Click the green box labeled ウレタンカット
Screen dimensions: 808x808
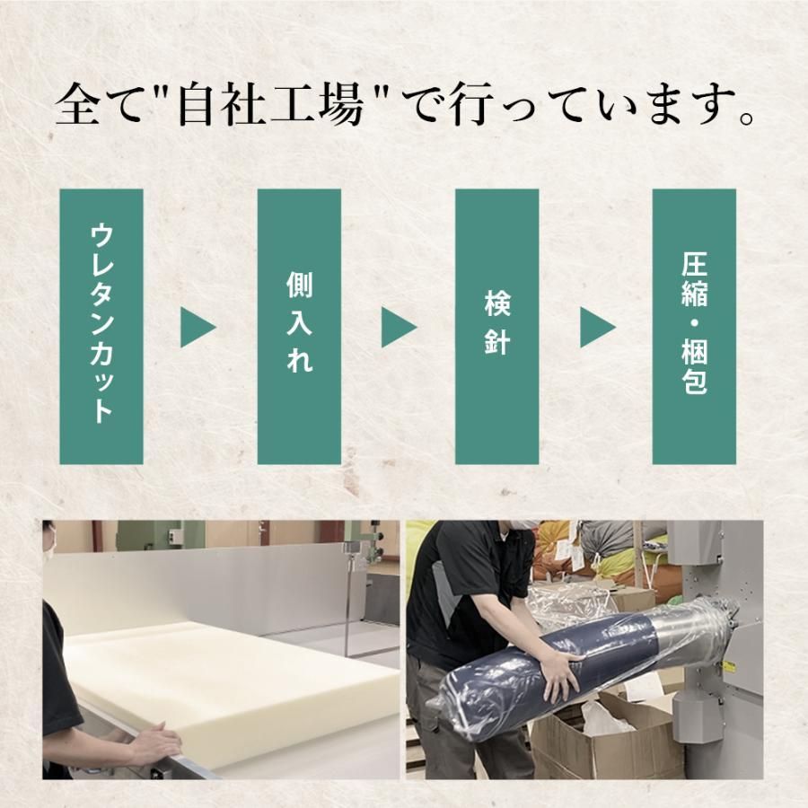[x=101, y=326]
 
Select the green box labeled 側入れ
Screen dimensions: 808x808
[x=299, y=326]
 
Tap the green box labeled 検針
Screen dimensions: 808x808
[x=496, y=326]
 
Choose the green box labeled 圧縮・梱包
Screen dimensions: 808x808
[x=694, y=326]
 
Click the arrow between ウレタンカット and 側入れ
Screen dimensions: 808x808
[x=197, y=327]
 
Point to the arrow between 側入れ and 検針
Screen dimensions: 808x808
[x=398, y=327]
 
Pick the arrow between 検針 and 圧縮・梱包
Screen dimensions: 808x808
[x=597, y=327]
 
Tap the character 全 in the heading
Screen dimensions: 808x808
[x=77, y=105]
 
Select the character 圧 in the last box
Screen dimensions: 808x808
[x=694, y=264]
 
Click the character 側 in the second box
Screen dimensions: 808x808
[x=299, y=285]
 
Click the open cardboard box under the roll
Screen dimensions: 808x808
[x=608, y=732]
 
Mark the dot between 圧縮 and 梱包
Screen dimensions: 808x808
[x=694, y=323]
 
